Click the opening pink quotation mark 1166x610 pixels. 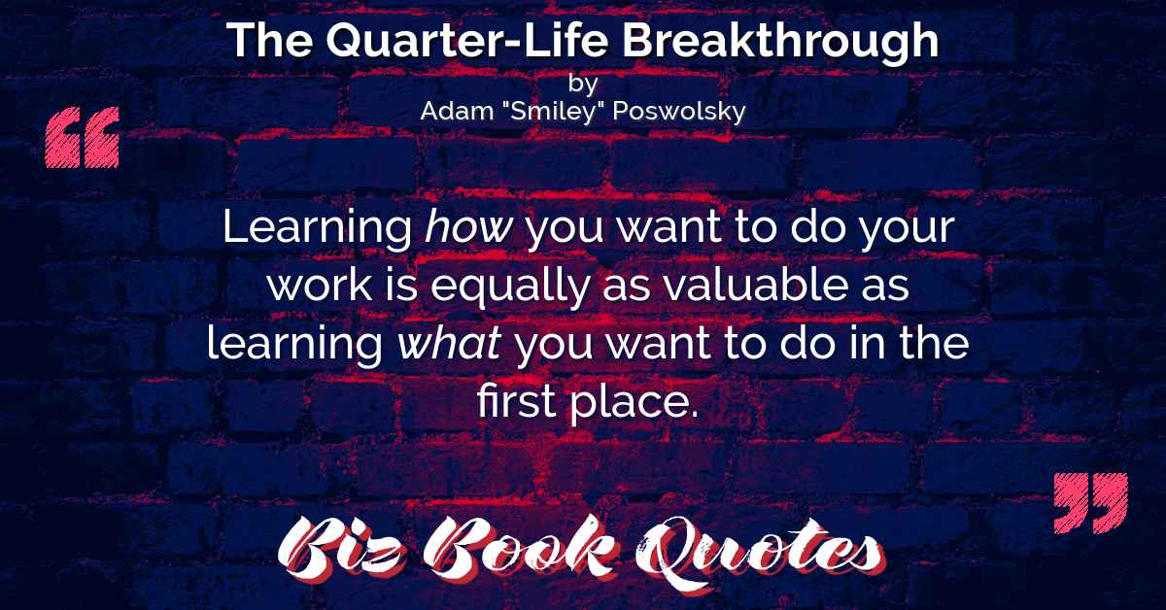click(83, 137)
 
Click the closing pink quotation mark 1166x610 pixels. click(1091, 503)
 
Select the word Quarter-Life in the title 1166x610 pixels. click(467, 41)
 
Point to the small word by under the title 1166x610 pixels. click(583, 84)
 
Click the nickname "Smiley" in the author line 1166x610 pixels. click(553, 112)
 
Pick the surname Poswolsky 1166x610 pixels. click(679, 112)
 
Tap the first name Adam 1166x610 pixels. click(457, 111)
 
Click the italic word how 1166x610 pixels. click(469, 226)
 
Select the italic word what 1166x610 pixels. click(449, 343)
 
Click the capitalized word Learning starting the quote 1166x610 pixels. click(318, 228)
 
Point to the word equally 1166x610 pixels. click(510, 287)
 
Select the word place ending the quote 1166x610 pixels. click(634, 402)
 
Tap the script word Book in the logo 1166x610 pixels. click(521, 548)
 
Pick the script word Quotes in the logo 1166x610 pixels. click(760, 553)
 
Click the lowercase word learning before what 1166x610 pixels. click(294, 344)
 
